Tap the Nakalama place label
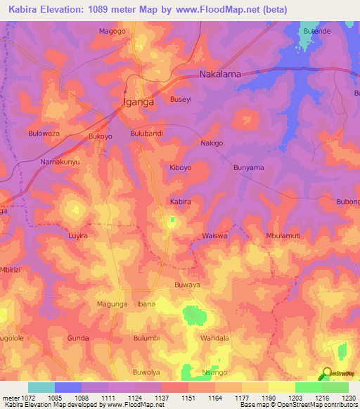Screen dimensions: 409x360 pyautogui.click(x=221, y=74)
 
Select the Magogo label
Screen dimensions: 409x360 pyautogui.click(x=112, y=31)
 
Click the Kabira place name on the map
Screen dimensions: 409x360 pyautogui.click(x=181, y=202)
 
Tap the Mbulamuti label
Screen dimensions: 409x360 pyautogui.click(x=283, y=236)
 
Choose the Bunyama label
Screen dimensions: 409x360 pyautogui.click(x=248, y=168)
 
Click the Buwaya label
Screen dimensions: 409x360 pyautogui.click(x=187, y=285)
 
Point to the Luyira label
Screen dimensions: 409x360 pyautogui.click(x=77, y=236)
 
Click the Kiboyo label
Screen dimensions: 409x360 pyautogui.click(x=181, y=168)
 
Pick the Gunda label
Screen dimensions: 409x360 pyautogui.click(x=77, y=338)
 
